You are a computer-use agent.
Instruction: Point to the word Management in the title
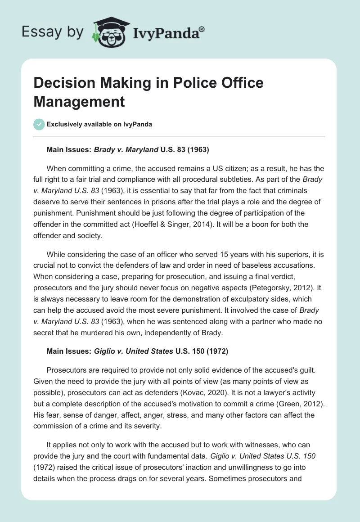tap(79, 101)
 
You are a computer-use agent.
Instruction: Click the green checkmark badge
tap(39, 124)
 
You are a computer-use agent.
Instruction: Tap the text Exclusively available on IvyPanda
tap(99, 124)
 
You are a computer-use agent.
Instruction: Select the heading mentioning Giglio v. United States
tap(137, 351)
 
